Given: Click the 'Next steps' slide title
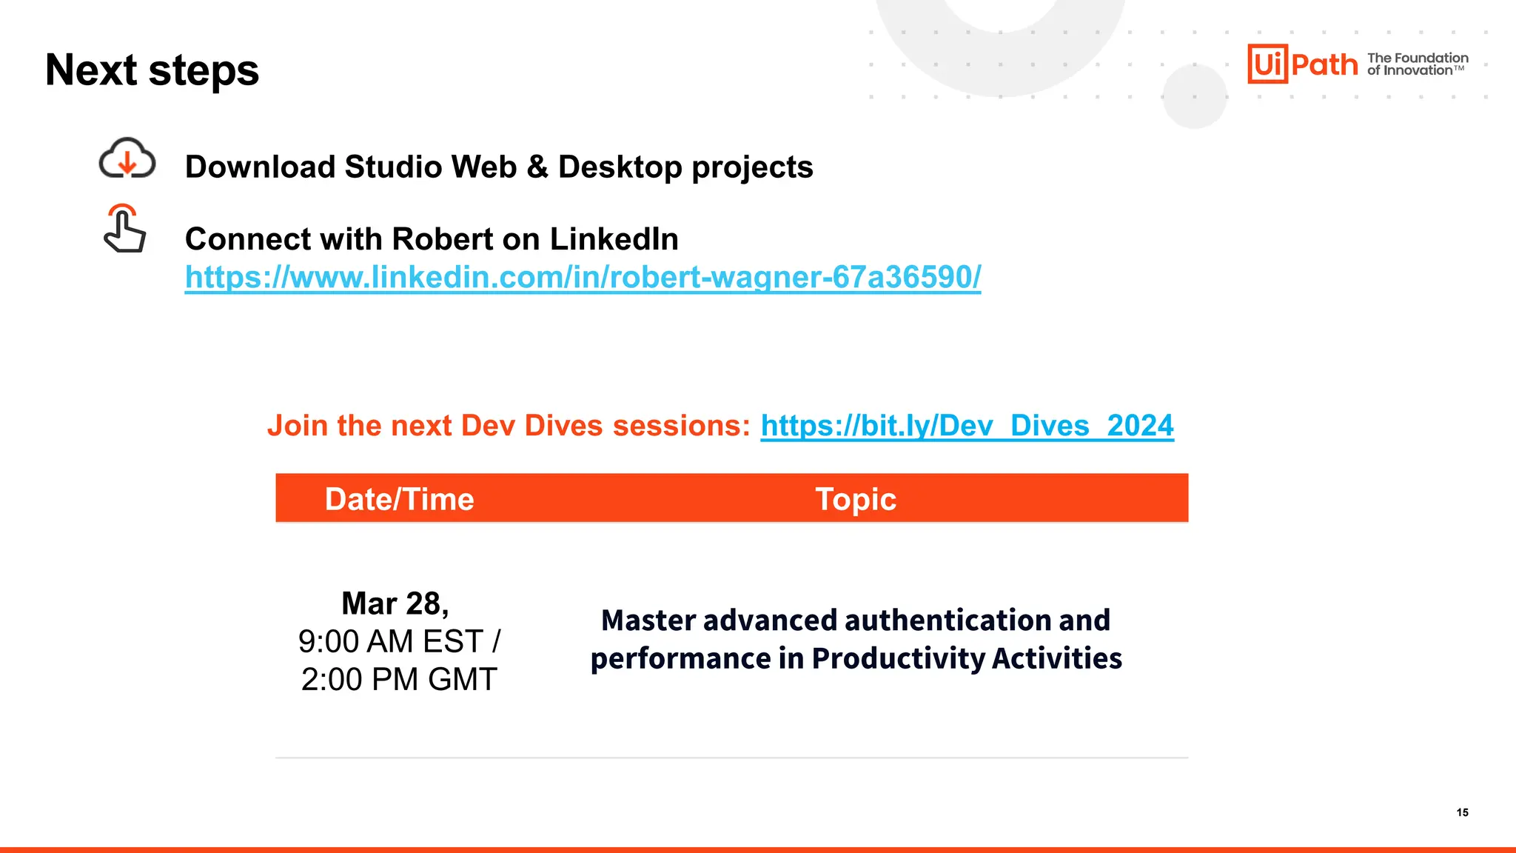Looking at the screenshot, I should tap(152, 70).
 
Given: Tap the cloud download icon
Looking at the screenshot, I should tap(127, 158).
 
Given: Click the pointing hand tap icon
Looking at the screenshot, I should tap(124, 229).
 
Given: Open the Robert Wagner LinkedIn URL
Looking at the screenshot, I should tap(583, 277).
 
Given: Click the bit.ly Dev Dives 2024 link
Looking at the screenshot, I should tap(967, 426).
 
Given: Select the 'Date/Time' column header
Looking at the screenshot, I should tap(399, 499).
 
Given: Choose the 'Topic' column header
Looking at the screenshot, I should tap(856, 499).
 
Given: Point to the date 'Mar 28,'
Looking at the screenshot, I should tap(395, 603).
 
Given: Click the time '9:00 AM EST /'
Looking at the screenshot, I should tap(399, 641).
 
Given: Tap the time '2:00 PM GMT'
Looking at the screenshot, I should tap(399, 679).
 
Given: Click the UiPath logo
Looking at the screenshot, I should tap(1302, 64).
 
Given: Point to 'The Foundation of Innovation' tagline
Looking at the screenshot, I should tap(1417, 64).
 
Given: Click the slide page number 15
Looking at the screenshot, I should tap(1462, 812).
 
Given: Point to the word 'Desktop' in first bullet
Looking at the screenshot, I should tap(620, 167).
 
